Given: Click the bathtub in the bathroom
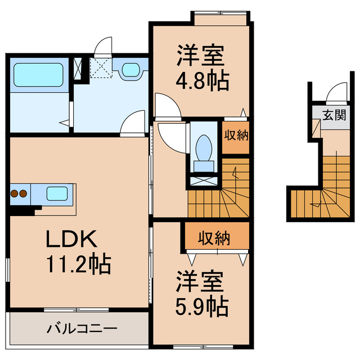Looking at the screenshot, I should tap(38, 74).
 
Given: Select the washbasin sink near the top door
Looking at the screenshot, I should tap(130, 70).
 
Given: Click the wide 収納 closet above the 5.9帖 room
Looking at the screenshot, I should tap(214, 238).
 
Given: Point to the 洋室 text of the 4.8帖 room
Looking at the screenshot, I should tap(200, 57).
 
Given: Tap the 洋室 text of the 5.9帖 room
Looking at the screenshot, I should tap(200, 281).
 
